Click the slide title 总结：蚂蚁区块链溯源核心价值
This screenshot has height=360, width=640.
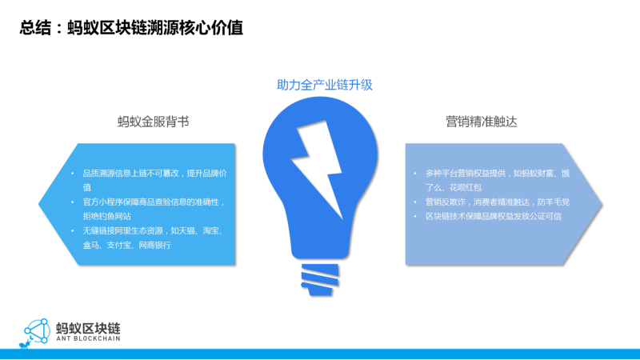click(x=131, y=28)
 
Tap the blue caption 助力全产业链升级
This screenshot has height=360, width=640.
click(x=325, y=85)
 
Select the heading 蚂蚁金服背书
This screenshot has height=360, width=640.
click(x=153, y=122)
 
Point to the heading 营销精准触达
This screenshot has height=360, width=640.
click(x=482, y=122)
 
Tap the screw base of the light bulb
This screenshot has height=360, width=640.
click(x=320, y=279)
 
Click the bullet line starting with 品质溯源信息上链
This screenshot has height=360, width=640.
click(x=154, y=174)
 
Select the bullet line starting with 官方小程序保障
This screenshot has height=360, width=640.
click(x=154, y=202)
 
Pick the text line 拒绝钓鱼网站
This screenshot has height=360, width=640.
click(x=107, y=216)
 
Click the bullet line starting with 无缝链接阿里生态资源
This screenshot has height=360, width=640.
click(x=153, y=231)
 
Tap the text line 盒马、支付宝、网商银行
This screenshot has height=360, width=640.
click(x=126, y=246)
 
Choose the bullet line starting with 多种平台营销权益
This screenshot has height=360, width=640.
click(x=498, y=174)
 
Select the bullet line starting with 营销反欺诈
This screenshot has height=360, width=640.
click(x=498, y=202)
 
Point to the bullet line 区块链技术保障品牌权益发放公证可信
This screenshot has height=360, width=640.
click(x=494, y=216)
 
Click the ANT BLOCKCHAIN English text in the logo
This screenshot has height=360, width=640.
click(x=88, y=338)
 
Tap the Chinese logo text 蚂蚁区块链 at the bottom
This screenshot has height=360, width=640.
click(x=88, y=328)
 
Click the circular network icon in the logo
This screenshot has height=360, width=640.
click(x=38, y=330)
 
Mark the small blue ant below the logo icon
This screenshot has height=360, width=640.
click(x=25, y=345)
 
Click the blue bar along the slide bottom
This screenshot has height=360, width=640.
click(x=320, y=354)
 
